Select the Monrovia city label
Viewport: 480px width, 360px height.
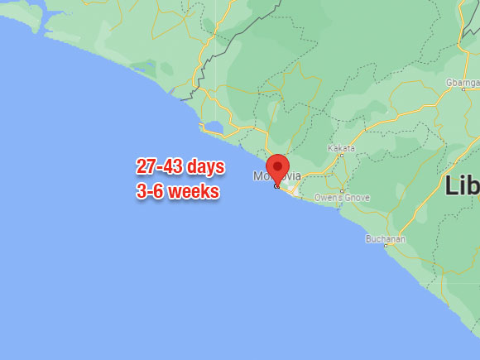276,176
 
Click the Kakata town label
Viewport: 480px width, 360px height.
341,148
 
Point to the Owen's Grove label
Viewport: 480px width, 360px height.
342,198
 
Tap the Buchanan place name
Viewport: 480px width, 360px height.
386,238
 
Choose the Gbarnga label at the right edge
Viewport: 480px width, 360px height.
463,84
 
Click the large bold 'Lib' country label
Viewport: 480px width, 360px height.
462,185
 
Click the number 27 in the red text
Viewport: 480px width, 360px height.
146,167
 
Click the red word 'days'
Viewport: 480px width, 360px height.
204,167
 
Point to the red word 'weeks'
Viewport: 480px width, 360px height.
191,192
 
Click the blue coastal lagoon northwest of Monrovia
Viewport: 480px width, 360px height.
213,127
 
